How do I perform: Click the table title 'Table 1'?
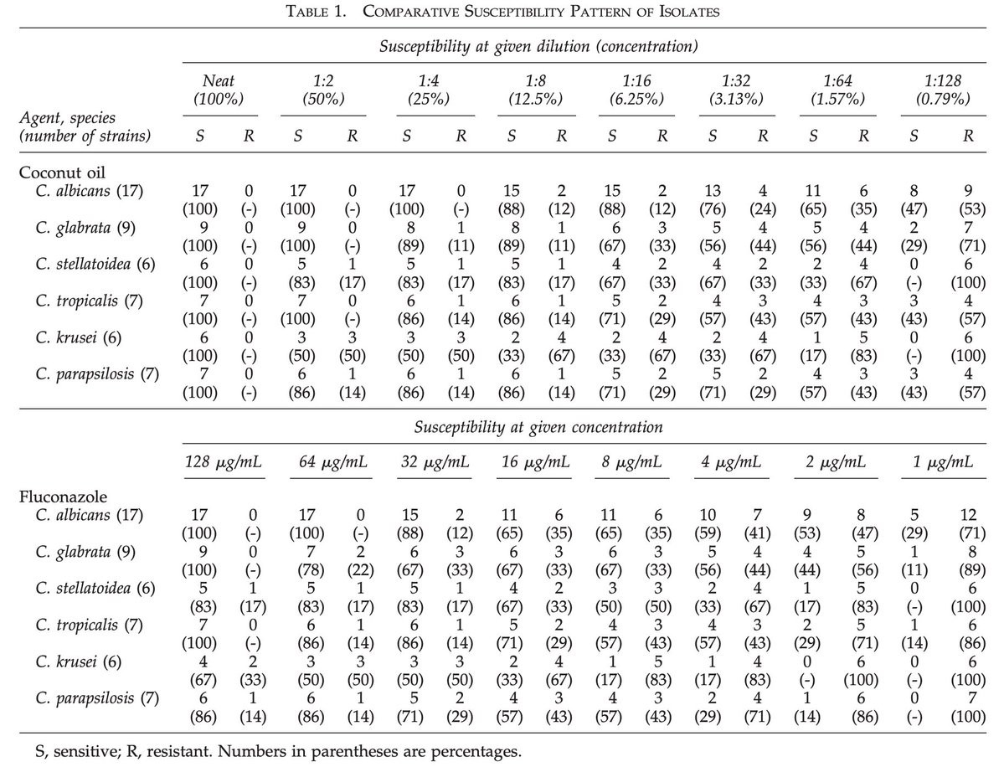coord(502,11)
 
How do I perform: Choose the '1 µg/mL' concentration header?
coord(944,462)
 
